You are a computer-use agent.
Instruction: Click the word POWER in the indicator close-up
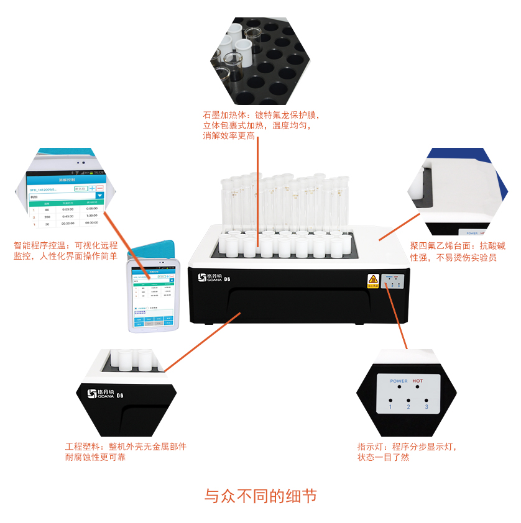[399, 381]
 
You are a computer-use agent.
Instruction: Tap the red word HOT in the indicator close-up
[418, 381]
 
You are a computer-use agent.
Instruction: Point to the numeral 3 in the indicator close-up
[426, 407]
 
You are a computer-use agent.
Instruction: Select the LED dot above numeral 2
[408, 399]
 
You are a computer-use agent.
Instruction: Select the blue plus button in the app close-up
[91, 188]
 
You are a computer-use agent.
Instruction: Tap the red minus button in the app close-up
[100, 188]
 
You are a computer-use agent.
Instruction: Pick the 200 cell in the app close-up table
[47, 216]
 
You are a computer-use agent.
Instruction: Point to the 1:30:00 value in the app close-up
[91, 216]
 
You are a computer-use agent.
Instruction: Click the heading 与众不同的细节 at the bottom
[260, 496]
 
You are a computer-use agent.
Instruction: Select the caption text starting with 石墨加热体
[260, 125]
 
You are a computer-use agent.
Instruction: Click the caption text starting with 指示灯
[410, 452]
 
